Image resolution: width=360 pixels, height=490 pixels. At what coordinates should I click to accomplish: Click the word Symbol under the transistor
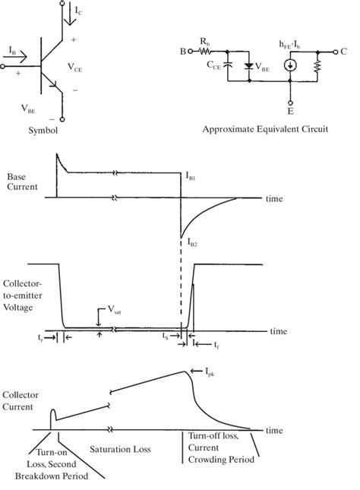click(43, 130)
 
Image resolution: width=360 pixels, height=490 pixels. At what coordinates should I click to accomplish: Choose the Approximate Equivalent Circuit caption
click(265, 130)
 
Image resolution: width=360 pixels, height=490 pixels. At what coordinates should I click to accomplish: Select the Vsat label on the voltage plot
click(113, 310)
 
